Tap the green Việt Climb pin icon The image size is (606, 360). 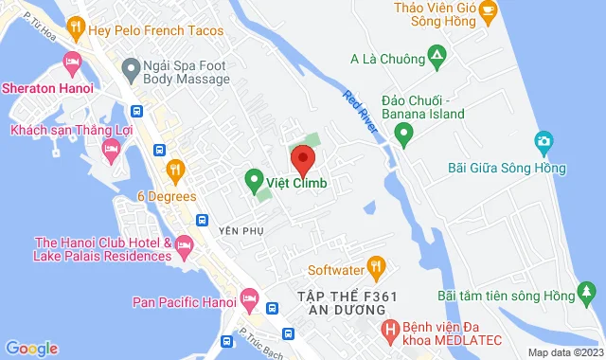[254, 177]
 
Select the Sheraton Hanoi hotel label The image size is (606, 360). [47, 88]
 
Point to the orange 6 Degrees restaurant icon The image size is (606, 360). [174, 171]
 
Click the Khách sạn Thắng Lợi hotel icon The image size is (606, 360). [112, 148]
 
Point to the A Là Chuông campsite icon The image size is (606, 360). [436, 60]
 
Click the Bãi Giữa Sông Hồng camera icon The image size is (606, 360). [544, 143]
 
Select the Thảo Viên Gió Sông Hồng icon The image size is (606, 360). [490, 10]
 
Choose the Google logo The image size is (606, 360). [32, 349]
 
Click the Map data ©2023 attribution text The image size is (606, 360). [564, 352]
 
